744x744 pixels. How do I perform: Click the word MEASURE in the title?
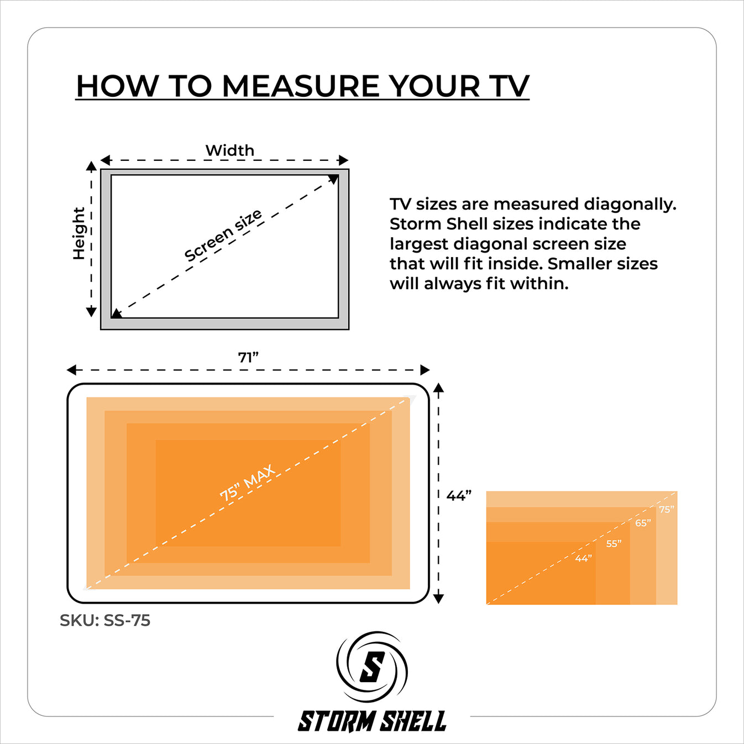(x=302, y=87)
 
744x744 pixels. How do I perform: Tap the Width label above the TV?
(x=230, y=150)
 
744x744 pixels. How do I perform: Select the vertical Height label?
(x=79, y=233)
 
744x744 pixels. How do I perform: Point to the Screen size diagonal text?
(x=223, y=235)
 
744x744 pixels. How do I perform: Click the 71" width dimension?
(x=248, y=358)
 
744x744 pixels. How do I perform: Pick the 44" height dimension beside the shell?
(x=459, y=495)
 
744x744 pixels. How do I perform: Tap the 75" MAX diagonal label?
(x=248, y=483)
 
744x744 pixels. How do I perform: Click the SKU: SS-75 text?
(x=105, y=620)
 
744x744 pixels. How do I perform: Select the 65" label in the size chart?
(x=643, y=523)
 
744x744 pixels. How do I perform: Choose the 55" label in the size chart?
(x=614, y=544)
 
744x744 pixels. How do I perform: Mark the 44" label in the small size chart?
(x=583, y=558)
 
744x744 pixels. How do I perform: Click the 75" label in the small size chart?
(x=667, y=510)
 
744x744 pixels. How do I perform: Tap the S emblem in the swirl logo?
(x=372, y=667)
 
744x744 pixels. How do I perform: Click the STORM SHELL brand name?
(x=372, y=721)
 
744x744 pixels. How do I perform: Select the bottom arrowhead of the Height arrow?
(x=92, y=312)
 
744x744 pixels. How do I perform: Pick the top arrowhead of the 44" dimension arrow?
(x=438, y=387)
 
